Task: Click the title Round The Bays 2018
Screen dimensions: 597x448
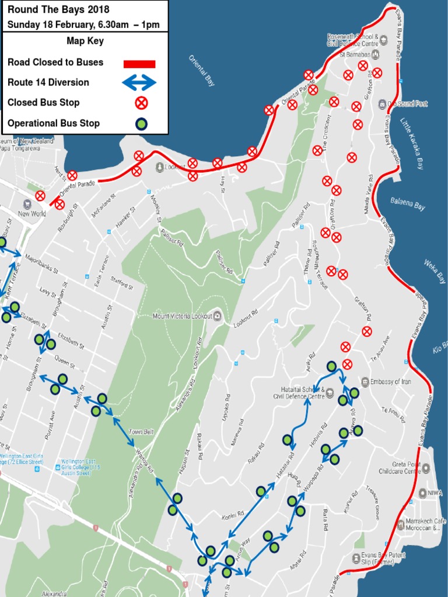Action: [58, 9]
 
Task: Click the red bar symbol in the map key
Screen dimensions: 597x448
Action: [139, 64]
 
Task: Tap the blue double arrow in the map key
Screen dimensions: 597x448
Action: [139, 83]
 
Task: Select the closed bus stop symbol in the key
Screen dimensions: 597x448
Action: [141, 103]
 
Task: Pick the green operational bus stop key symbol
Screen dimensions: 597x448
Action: [141, 124]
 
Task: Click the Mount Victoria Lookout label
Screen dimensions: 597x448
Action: [182, 316]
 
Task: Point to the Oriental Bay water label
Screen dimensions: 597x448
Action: [202, 71]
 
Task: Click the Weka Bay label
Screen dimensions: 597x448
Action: [435, 272]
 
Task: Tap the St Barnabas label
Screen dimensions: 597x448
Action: [355, 55]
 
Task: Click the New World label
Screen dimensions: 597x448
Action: [32, 213]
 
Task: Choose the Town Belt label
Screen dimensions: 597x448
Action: [141, 432]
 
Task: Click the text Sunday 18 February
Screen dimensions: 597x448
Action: [50, 24]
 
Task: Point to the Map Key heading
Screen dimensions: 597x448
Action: [85, 41]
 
